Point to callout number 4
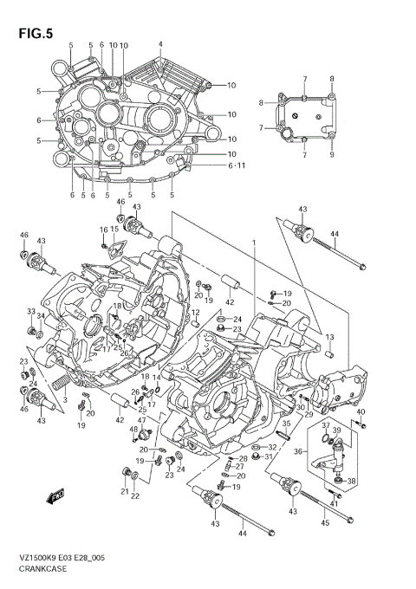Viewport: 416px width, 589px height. [160, 44]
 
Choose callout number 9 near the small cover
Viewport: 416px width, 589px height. [332, 157]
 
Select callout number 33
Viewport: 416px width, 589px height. [30, 312]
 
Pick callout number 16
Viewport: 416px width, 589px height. [102, 230]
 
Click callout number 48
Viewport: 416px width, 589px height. [133, 429]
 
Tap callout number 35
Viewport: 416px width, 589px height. [284, 425]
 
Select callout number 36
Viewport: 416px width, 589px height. [298, 451]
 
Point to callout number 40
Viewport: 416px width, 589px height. [361, 411]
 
